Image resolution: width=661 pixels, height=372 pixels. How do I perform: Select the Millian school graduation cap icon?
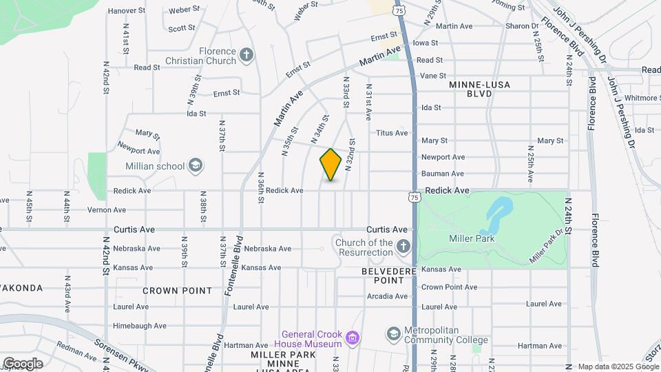point(196,165)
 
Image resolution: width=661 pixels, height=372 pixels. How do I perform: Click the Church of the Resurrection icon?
point(403,246)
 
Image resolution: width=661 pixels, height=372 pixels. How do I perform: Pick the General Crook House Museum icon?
point(352,337)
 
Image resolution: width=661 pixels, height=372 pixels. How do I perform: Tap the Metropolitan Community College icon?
point(393,334)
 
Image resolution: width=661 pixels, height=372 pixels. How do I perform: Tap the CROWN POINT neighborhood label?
point(178,291)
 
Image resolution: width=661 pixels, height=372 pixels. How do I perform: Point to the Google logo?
point(23,364)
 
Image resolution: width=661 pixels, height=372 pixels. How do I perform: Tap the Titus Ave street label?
point(392,133)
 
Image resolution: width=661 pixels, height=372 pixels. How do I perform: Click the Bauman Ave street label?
point(443,174)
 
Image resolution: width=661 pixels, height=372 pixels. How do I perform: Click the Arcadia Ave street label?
point(388,296)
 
